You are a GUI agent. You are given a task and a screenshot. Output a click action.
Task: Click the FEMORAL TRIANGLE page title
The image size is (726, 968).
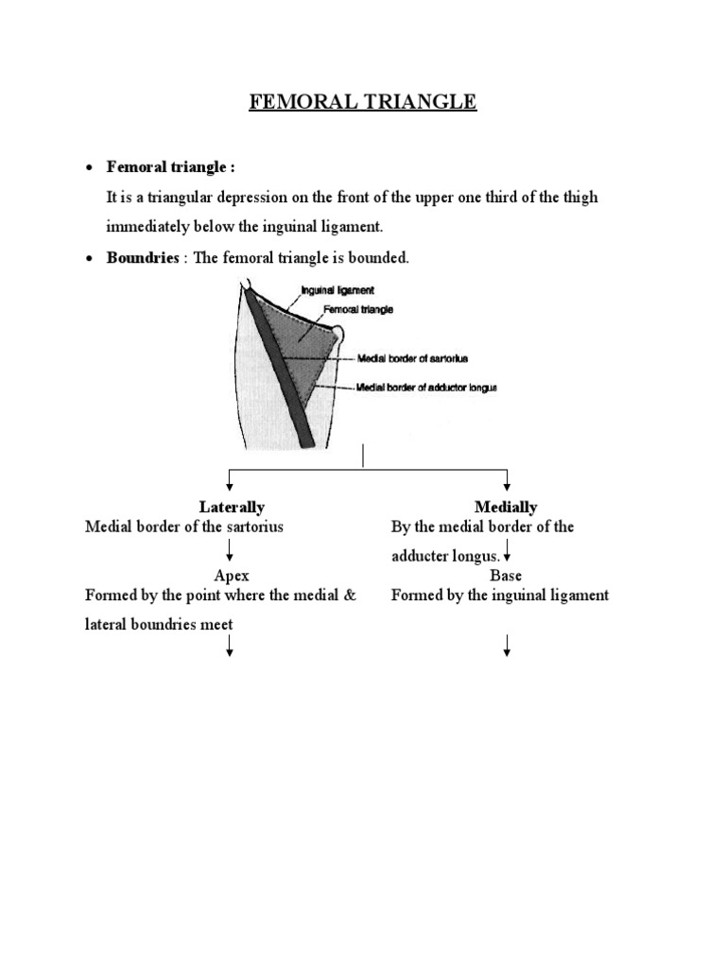pyautogui.click(x=363, y=102)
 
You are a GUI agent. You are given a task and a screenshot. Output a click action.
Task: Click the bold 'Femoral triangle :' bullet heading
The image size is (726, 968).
pyautogui.click(x=170, y=167)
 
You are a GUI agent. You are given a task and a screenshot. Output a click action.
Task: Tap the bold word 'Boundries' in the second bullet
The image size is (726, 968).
pyautogui.click(x=143, y=258)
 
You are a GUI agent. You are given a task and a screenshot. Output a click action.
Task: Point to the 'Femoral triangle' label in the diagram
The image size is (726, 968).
pyautogui.click(x=358, y=309)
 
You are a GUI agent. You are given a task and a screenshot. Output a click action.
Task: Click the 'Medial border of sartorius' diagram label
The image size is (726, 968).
pyautogui.click(x=412, y=358)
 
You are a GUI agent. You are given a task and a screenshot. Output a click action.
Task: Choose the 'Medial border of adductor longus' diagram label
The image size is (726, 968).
pyautogui.click(x=425, y=388)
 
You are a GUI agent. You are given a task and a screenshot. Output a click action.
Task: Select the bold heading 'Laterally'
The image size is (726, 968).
pyautogui.click(x=232, y=508)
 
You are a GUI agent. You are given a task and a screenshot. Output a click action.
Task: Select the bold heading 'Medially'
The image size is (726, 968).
pyautogui.click(x=506, y=508)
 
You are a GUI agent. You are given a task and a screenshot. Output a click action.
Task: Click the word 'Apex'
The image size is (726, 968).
pyautogui.click(x=232, y=576)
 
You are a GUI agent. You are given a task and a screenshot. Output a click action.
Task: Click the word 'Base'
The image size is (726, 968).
pyautogui.click(x=506, y=576)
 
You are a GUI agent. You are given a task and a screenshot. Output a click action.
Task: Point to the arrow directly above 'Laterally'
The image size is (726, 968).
pyautogui.click(x=230, y=480)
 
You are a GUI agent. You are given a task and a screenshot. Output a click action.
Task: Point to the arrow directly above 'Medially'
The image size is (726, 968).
pyautogui.click(x=508, y=480)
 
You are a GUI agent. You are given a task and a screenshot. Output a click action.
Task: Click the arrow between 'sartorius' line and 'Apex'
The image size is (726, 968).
pyautogui.click(x=230, y=551)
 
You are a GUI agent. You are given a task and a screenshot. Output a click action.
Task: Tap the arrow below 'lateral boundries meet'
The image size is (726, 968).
pyautogui.click(x=230, y=647)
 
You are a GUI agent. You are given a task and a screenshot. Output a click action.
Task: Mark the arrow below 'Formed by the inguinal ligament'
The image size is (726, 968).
pyautogui.click(x=508, y=647)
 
